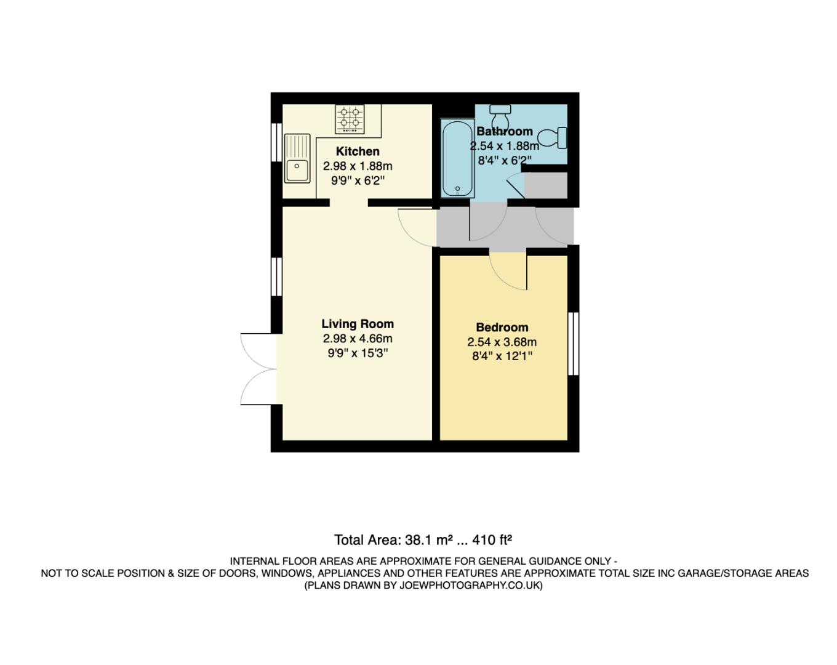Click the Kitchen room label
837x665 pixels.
tap(358, 151)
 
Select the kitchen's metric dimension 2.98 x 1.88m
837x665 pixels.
tap(358, 166)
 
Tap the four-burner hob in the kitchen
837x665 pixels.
tap(349, 119)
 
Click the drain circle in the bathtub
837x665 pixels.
tap(457, 189)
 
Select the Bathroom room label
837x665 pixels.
tap(505, 131)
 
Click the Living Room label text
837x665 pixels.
tap(358, 324)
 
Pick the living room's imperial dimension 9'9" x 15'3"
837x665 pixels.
tap(358, 353)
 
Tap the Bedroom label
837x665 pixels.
tap(502, 328)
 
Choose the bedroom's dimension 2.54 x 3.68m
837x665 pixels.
tap(502, 342)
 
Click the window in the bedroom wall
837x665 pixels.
tap(573, 344)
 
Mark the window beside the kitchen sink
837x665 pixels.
tap(276, 143)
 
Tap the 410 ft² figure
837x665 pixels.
tap(492, 541)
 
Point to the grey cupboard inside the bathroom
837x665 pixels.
tap(545, 185)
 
